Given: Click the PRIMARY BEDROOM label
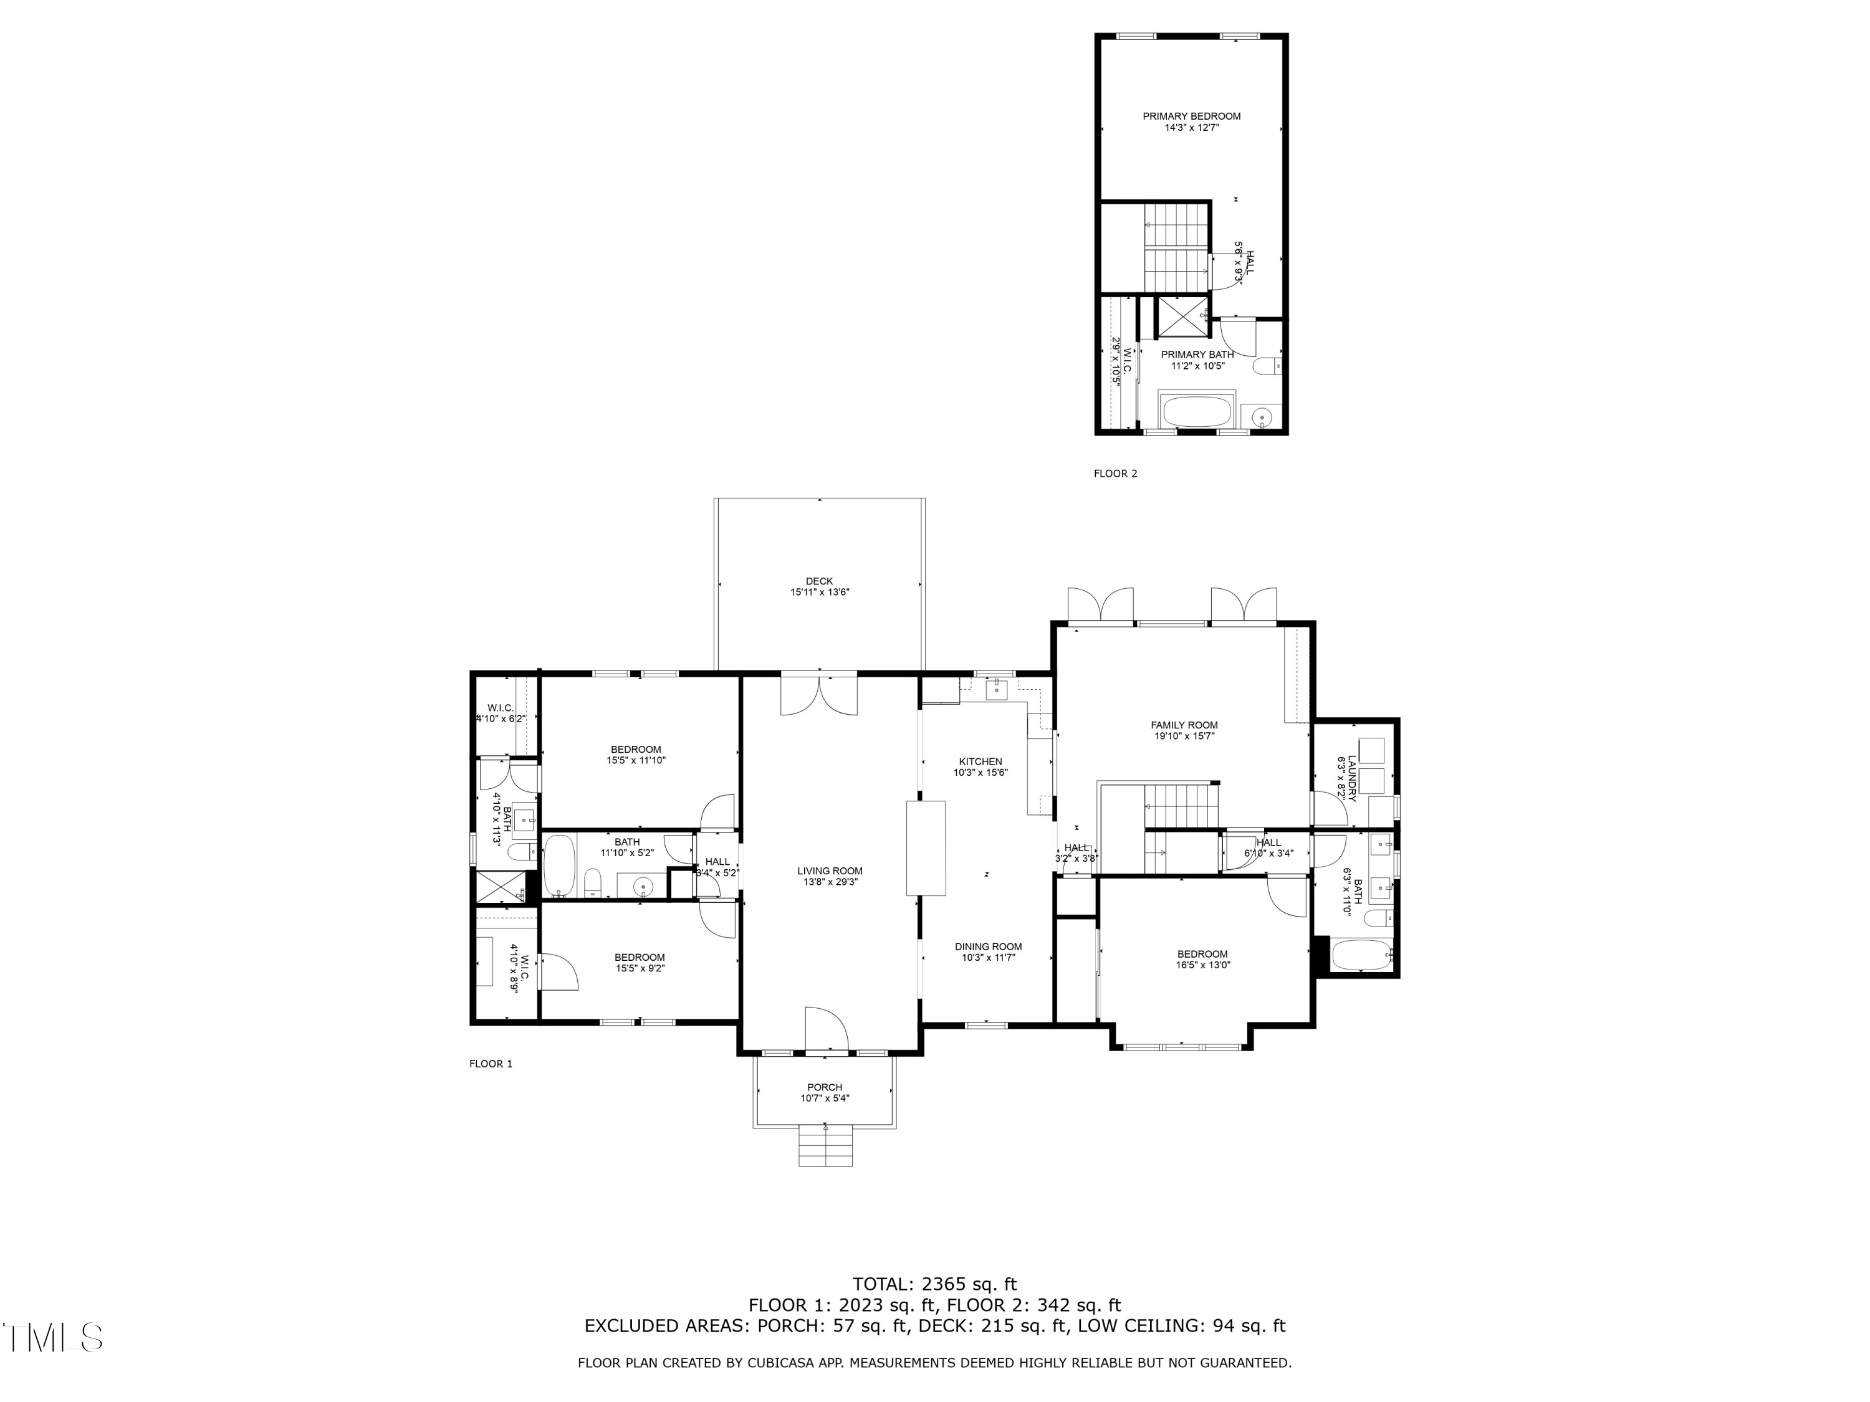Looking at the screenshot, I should coord(1191,116).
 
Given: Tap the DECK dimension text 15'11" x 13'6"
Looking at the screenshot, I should coord(819,593).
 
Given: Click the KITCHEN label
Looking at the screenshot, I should coord(980,761).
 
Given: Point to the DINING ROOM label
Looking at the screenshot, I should coord(988,947).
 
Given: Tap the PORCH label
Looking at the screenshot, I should coord(824,1087).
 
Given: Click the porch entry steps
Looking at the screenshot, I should coord(825,1148).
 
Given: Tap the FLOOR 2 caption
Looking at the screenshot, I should coord(1115,473).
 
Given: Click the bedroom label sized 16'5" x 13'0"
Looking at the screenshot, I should coord(1202,954).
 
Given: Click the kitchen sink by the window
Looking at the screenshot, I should coord(997,689).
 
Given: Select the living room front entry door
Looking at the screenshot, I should coord(826,1029).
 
